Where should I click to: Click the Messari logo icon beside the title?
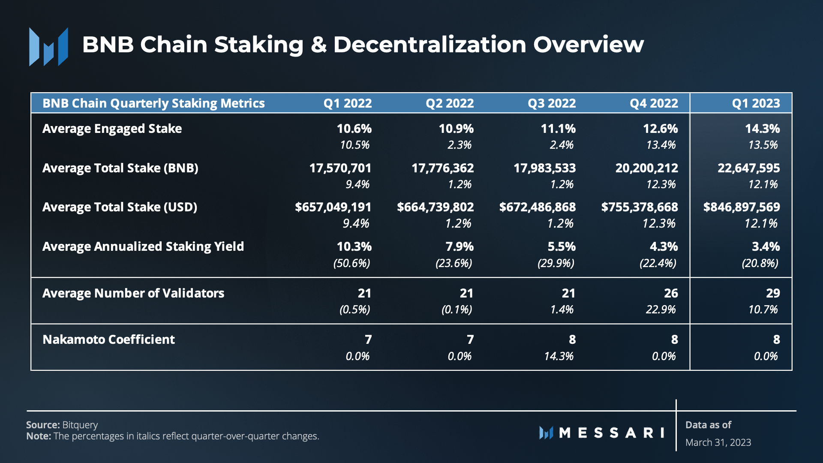[48, 46]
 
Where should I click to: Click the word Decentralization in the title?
[430, 45]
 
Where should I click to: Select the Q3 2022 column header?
[552, 103]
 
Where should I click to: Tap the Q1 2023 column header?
[756, 103]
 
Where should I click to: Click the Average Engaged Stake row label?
[112, 129]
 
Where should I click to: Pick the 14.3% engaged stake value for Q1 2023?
[762, 129]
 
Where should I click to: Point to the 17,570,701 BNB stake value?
[340, 168]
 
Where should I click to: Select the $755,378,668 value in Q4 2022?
[639, 207]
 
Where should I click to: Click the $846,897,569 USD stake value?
[741, 207]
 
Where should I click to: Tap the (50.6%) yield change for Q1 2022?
[351, 263]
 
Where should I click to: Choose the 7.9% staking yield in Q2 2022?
[460, 247]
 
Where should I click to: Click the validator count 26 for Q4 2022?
[671, 293]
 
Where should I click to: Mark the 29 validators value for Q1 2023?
[773, 293]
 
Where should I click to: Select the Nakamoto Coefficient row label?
[108, 340]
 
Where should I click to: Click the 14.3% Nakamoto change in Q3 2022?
[559, 356]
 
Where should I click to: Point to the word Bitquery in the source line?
[80, 425]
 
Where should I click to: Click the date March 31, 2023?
[718, 442]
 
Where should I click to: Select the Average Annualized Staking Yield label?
[143, 247]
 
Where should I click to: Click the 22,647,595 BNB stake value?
[748, 168]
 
